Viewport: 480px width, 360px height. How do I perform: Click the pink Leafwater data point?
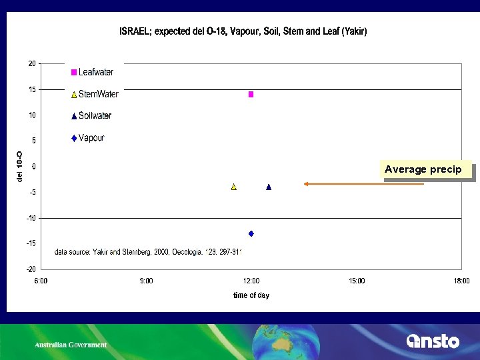251,95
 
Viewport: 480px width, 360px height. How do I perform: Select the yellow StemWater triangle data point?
234,187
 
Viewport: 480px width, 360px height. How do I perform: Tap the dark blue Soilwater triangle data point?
269,187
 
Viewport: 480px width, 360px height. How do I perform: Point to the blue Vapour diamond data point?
251,233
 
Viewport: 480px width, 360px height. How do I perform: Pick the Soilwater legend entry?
91,116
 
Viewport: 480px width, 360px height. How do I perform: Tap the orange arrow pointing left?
363,183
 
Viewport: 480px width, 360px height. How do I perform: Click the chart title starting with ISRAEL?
243,31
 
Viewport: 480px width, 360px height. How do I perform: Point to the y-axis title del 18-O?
20,166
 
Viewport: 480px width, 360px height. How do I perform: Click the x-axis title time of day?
251,295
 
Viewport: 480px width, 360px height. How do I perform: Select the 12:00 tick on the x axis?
251,281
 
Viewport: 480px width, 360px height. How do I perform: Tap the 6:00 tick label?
41,281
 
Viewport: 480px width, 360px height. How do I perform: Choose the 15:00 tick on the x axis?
357,281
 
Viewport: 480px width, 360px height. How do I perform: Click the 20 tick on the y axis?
31,63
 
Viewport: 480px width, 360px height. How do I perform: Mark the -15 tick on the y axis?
31,243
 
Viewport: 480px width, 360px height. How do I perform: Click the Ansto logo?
433,341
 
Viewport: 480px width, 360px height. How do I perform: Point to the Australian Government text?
71,345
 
